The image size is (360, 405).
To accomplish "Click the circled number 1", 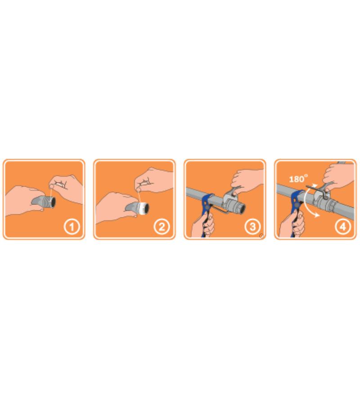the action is (x=72, y=227).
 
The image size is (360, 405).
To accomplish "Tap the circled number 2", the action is (x=162, y=227).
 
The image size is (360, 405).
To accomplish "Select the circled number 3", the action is (x=252, y=227).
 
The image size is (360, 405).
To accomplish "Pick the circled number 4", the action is (x=343, y=227).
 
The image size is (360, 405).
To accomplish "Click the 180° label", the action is (x=298, y=179).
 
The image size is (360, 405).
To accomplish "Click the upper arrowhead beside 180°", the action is (x=314, y=185).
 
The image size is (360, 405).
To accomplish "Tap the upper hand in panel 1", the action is (x=66, y=189).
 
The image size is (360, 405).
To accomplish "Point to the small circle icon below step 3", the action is (x=261, y=235).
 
